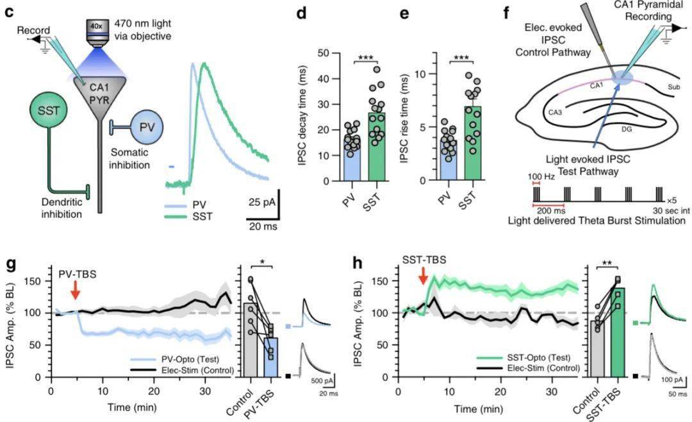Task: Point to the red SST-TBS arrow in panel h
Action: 423,277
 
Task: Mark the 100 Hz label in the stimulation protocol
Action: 536,175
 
